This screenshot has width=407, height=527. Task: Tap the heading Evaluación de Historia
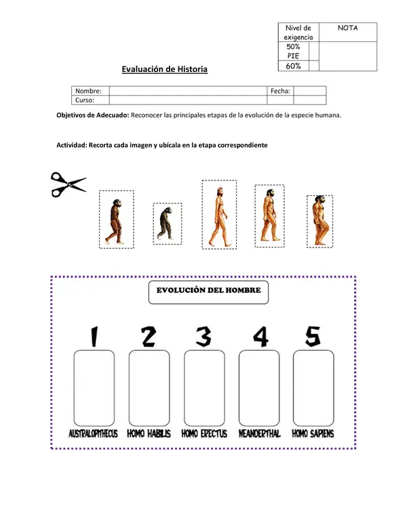click(x=164, y=69)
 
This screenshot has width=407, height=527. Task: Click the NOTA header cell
click(x=347, y=28)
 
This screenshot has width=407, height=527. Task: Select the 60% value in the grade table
click(x=293, y=66)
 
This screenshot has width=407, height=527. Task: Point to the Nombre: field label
click(x=88, y=91)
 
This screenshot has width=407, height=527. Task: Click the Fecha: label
click(x=280, y=91)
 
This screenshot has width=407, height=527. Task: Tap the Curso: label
click(x=85, y=100)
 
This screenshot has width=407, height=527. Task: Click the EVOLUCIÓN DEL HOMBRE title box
click(x=208, y=292)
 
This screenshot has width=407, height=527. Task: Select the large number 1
click(x=94, y=336)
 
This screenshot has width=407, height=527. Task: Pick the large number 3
click(x=204, y=336)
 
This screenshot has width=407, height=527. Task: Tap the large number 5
click(x=313, y=336)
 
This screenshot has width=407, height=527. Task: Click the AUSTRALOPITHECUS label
click(x=93, y=433)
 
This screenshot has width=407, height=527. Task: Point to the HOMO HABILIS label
click(x=149, y=433)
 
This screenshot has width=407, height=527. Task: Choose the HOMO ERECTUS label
click(x=204, y=433)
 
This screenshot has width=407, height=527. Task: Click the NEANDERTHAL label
click(x=259, y=433)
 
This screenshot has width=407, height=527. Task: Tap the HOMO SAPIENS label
click(x=313, y=433)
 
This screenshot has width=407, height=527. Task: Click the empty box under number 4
click(x=259, y=388)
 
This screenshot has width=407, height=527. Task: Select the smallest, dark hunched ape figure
click(x=166, y=223)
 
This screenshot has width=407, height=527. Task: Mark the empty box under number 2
click(x=149, y=388)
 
